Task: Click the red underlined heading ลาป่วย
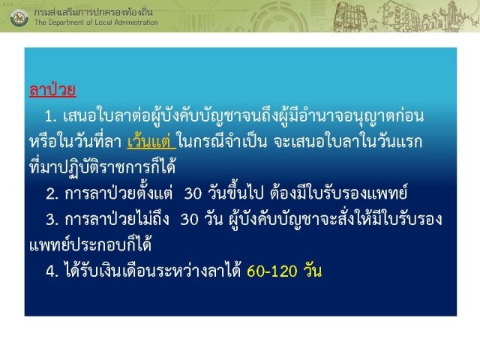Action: coord(52,90)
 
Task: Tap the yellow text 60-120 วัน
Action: coord(284,271)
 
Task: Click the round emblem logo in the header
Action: coord(19,17)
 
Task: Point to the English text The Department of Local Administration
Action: coord(97,22)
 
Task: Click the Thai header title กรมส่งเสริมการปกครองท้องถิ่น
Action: coord(93,12)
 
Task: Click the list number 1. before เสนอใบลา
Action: coord(51,117)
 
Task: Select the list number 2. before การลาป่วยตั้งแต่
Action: coord(52,193)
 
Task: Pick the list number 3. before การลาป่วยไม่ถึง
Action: coord(52,220)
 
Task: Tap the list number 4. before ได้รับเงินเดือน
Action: coord(52,271)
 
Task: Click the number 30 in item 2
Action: coord(193,193)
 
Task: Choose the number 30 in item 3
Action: coord(189,220)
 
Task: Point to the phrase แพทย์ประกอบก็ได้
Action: coord(90,244)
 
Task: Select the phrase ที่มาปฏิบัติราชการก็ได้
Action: coord(102,166)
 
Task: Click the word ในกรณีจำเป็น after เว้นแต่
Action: coord(222,142)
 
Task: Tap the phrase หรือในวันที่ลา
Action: coord(76,142)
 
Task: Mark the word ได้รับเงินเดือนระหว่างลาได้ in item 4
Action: coord(153,270)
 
